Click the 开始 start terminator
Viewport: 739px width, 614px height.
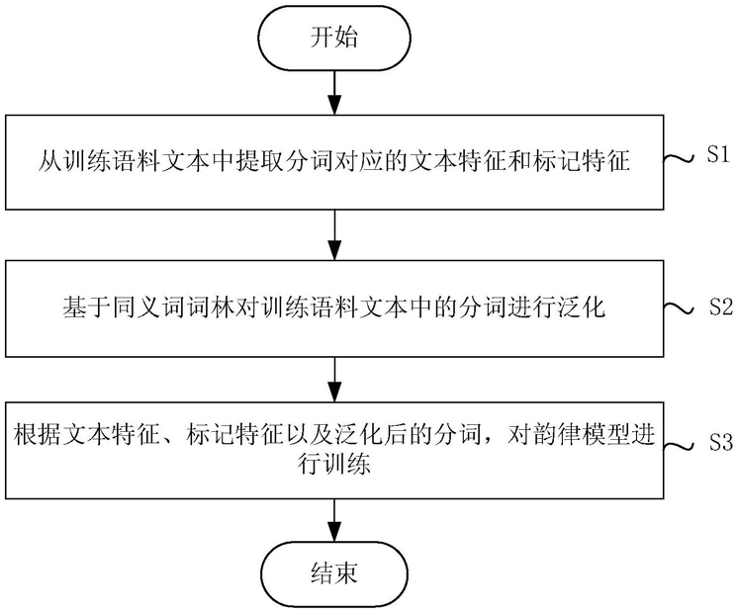pos(335,38)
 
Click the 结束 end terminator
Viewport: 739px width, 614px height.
pos(334,573)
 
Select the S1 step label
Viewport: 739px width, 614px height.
pos(718,155)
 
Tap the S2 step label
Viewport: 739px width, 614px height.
pos(721,307)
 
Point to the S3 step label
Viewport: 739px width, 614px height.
pos(721,442)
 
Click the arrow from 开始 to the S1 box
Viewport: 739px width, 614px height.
pos(334,93)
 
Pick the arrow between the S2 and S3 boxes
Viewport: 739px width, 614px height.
pos(334,380)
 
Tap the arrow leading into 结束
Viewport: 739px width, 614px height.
pos(334,520)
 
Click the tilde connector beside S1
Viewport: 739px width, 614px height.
pos(679,158)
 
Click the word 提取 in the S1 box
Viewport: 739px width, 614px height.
pos(259,161)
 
